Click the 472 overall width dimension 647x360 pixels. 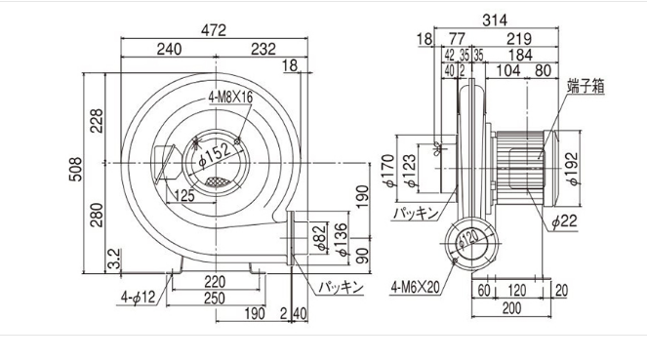coord(214,30)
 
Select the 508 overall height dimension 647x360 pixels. coord(75,169)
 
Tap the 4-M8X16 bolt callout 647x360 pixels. coord(230,97)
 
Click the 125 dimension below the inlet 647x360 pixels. coord(184,195)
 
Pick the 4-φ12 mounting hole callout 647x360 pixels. coord(138,297)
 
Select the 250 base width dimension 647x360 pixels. coord(215,299)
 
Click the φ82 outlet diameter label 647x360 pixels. coord(320,238)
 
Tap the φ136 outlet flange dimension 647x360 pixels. coord(342,240)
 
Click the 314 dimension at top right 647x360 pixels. coord(495,20)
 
